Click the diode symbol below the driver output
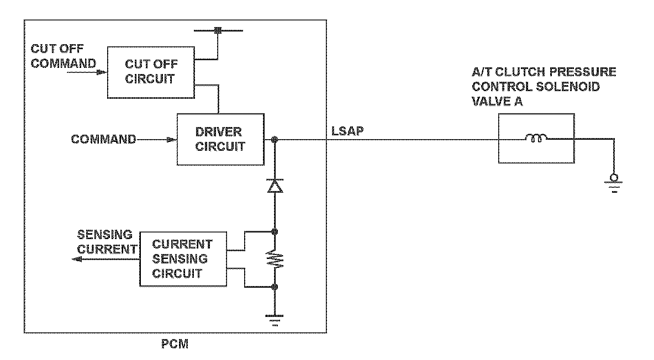tap(275, 186)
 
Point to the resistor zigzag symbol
tap(275, 260)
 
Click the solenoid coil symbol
tap(536, 137)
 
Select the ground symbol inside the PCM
tap(275, 319)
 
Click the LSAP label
tap(347, 131)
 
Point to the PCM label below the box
tap(175, 344)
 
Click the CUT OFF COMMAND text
tap(64, 56)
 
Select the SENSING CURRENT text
tap(107, 242)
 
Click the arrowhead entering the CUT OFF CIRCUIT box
tap(102, 72)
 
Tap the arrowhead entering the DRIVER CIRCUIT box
tap(171, 140)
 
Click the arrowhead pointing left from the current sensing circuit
tap(77, 260)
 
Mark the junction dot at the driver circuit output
tap(275, 140)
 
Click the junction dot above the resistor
tap(275, 231)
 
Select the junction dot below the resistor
tap(275, 287)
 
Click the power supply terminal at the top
tap(218, 30)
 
